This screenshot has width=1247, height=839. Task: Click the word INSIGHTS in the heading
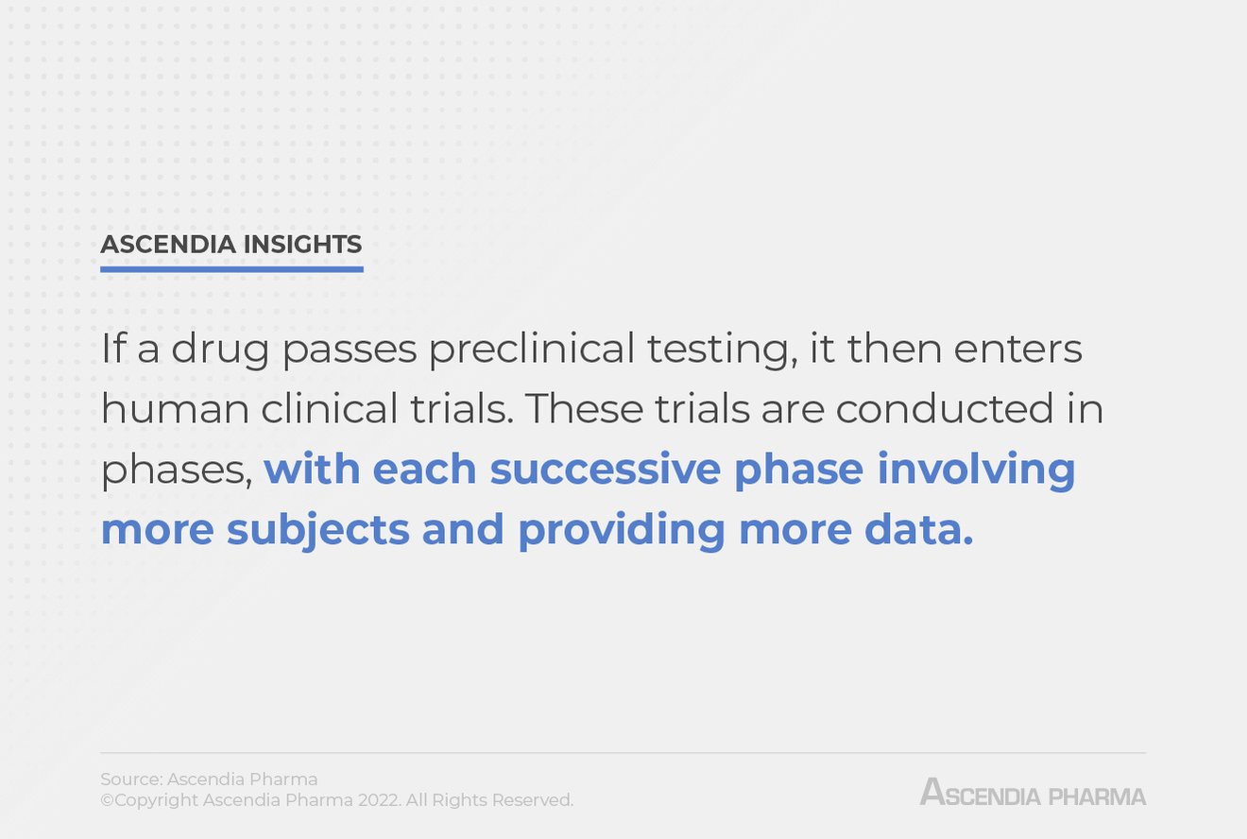point(302,245)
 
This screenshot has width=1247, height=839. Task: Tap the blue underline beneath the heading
point(231,269)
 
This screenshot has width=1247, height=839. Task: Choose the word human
point(175,409)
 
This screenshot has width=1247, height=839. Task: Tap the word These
point(584,409)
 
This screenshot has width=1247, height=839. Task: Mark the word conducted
point(945,409)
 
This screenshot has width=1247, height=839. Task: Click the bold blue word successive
point(606,469)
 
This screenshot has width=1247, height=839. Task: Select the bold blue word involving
point(977,471)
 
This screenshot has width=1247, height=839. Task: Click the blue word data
point(914,529)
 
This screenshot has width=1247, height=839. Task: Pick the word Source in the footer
point(130,779)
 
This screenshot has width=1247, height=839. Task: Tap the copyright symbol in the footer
point(107,800)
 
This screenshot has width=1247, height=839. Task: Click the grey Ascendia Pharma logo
point(1033,793)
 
